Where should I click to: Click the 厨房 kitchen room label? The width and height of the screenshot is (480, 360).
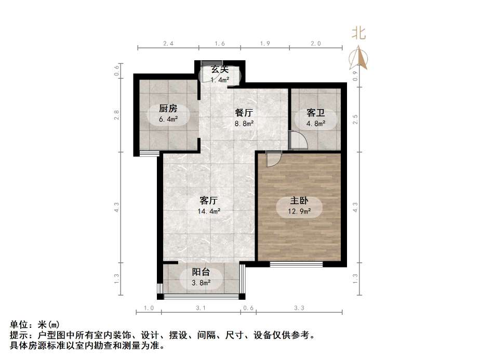coord(168,109)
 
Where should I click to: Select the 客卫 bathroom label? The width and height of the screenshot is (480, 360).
coord(316,113)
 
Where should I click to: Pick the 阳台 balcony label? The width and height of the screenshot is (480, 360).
coord(201,272)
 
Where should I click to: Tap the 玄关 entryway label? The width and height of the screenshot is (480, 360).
coord(220,69)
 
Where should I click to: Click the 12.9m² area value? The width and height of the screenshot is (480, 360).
coord(300,211)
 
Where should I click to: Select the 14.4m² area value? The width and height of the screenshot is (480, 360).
coord(209,211)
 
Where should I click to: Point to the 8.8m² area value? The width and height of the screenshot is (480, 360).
coord(244,124)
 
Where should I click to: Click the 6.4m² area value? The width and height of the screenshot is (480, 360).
coord(168,119)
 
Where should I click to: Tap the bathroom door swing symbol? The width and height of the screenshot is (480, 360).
coord(297,140)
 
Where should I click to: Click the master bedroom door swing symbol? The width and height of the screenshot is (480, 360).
coord(273,158)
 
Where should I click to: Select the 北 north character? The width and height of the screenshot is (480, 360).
coord(359,34)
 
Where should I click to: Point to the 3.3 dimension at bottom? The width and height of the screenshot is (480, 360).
coord(299,308)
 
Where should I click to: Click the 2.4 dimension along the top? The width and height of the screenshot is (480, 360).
coord(168,44)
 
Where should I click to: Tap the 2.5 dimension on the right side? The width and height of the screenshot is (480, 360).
coord(355,119)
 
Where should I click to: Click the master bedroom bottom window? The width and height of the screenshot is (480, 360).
coord(297,264)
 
